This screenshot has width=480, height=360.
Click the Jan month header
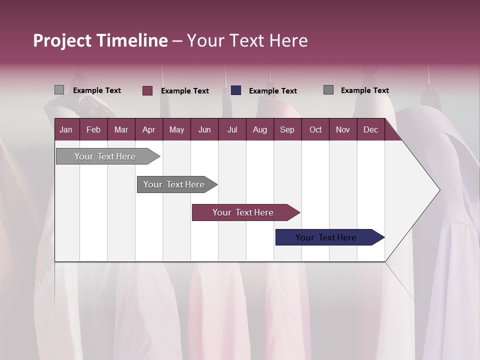[66, 129]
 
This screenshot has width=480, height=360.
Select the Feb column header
[93, 129]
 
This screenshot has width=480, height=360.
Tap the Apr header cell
[148, 129]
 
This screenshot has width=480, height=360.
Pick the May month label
[176, 129]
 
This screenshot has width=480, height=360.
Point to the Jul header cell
[232, 129]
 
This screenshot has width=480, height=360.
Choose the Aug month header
[259, 129]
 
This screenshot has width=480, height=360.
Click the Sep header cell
[287, 129]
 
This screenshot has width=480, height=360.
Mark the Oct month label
[315, 129]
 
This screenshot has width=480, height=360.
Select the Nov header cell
[343, 129]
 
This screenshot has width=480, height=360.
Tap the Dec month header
[370, 129]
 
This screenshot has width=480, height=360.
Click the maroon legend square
[147, 90]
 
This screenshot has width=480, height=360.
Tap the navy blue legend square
[236, 90]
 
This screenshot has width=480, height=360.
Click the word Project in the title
[62, 40]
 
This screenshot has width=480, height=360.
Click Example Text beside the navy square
[272, 91]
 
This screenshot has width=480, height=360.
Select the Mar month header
[121, 129]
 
